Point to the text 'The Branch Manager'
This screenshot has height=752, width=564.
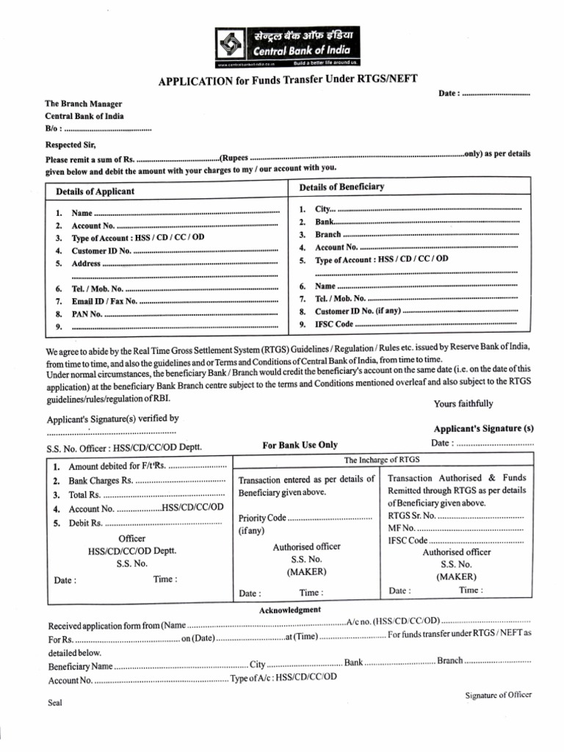(x=84, y=104)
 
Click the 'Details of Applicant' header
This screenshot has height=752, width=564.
(x=95, y=191)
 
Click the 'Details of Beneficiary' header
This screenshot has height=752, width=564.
(x=341, y=187)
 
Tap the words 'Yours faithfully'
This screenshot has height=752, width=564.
(x=463, y=403)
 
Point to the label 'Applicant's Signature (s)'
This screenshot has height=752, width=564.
(x=483, y=428)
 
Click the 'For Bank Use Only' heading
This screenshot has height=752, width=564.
(x=300, y=444)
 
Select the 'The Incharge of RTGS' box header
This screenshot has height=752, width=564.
(x=381, y=459)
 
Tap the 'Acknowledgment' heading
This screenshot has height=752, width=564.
(x=289, y=610)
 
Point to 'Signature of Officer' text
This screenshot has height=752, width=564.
(x=499, y=695)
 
